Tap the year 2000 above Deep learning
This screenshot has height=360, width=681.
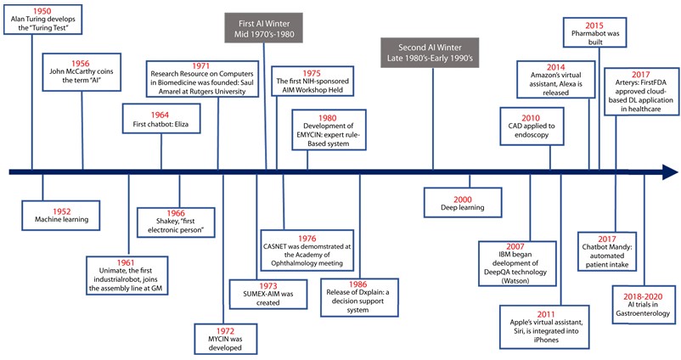463,198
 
